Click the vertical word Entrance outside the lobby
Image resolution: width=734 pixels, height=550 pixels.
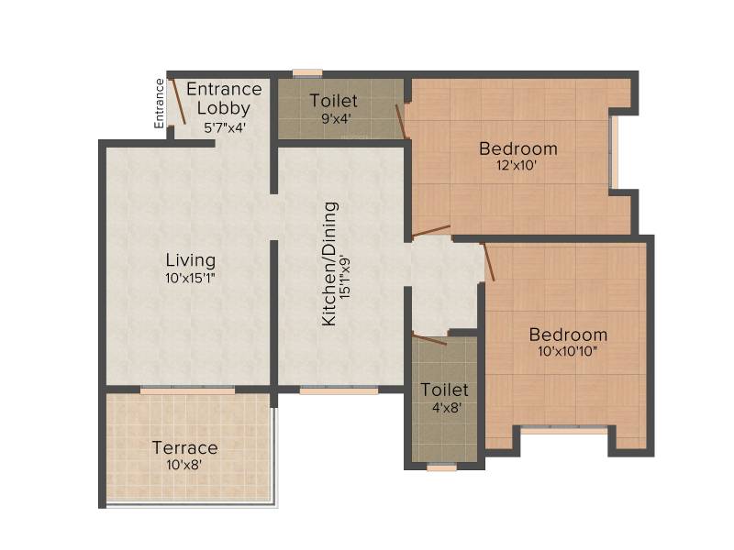point(160,104)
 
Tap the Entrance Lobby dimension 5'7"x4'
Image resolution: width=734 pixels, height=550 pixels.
point(225,127)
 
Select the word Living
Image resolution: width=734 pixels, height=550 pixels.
point(191,260)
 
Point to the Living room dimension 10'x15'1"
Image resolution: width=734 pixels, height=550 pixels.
point(190,279)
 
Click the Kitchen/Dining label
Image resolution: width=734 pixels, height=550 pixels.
point(329,264)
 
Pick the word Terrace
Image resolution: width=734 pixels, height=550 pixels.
point(185,448)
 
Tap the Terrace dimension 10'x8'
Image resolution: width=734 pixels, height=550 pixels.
point(184,465)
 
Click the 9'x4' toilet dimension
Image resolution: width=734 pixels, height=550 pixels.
point(336,118)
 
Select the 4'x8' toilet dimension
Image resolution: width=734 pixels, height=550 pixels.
point(447,408)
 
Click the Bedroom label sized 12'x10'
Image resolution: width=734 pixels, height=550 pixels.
point(518,148)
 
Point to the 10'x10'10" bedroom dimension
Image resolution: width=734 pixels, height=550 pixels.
point(567,352)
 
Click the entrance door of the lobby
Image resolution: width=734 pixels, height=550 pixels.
point(178,102)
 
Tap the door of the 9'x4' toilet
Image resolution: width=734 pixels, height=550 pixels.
point(401,121)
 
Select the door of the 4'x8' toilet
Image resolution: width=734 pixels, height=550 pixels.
point(429,339)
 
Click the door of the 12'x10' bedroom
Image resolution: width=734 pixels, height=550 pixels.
point(431,231)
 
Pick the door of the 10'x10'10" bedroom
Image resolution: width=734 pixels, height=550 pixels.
point(489,262)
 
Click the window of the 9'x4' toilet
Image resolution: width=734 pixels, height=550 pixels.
point(307,73)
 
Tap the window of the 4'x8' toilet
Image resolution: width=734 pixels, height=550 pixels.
point(442,467)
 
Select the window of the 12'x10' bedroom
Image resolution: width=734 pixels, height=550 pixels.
point(614,152)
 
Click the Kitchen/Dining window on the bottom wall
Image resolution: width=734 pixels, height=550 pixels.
point(339,390)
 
